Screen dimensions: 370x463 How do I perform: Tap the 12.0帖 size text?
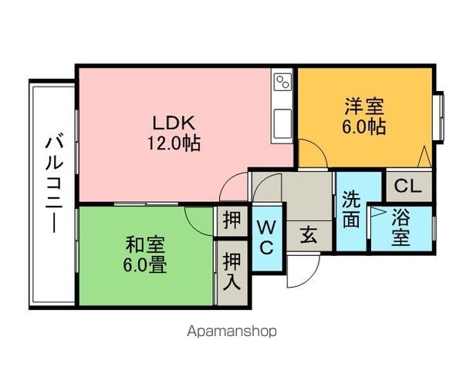175,143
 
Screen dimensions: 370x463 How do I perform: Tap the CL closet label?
407,185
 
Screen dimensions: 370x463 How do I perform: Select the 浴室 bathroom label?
400,228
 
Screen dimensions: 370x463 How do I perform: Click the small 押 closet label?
231,220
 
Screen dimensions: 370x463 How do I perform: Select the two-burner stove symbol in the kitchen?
281,81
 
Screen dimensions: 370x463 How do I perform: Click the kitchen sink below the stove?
281,120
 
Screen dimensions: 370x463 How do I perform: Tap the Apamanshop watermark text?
231,331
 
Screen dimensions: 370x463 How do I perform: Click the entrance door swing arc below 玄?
302,274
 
